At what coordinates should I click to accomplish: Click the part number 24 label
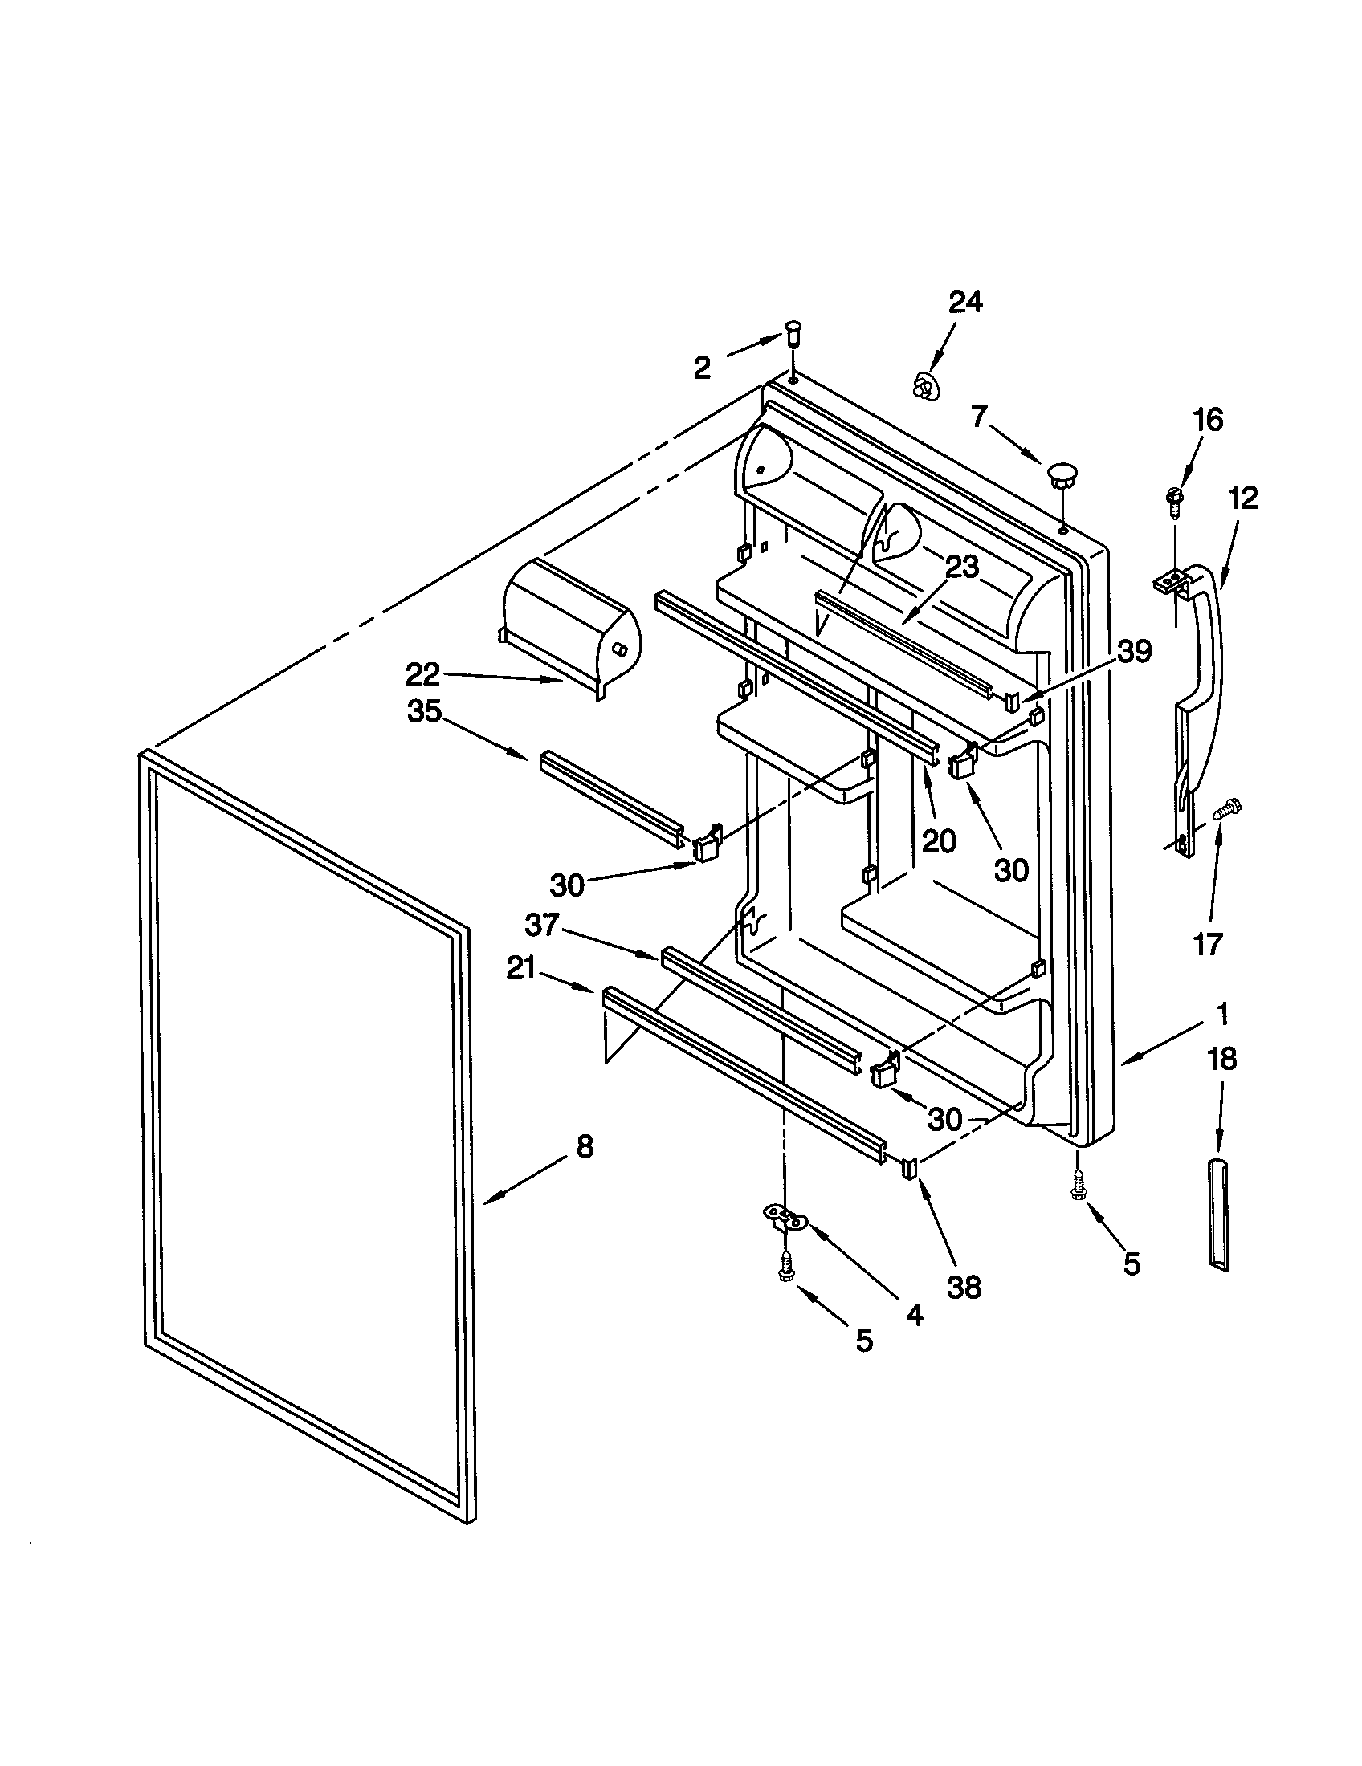tap(965, 302)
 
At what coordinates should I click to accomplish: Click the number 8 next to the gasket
tap(585, 1145)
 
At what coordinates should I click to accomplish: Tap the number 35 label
tap(424, 711)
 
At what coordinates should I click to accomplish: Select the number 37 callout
tap(542, 924)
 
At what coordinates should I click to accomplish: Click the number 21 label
tap(521, 967)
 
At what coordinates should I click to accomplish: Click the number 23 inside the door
tap(961, 568)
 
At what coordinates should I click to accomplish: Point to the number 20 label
tap(938, 842)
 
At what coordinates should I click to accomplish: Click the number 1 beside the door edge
tap(1222, 1012)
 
